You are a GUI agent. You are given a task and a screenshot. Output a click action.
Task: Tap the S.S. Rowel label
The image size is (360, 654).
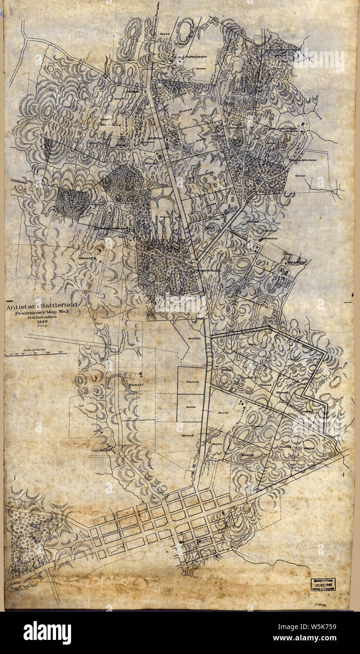136,384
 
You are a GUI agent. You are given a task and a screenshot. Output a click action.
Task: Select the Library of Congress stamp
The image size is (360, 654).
322,584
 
